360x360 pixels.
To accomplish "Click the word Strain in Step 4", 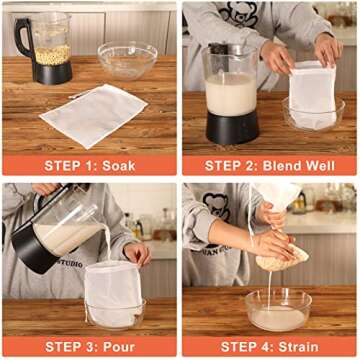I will pyautogui.click(x=299, y=345).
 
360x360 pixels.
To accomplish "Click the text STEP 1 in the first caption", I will pyautogui.click(x=70, y=165).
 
